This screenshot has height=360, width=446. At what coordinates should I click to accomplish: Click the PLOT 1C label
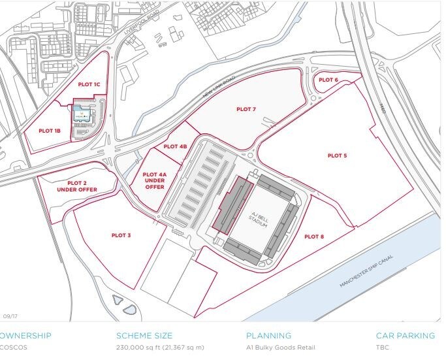pyautogui.click(x=89, y=84)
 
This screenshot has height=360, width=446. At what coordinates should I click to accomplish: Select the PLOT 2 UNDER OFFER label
pyautogui.click(x=76, y=186)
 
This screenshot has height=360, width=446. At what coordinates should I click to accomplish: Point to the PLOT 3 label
pyautogui.click(x=121, y=235)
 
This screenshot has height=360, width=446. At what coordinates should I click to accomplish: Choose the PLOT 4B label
pyautogui.click(x=175, y=146)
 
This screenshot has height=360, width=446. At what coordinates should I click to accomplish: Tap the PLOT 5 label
pyautogui.click(x=337, y=155)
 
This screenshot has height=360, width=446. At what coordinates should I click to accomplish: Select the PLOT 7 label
pyautogui.click(x=246, y=109)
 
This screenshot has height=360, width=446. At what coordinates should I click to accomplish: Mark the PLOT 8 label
pyautogui.click(x=313, y=236)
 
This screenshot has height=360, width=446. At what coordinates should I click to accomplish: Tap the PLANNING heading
pyautogui.click(x=268, y=336)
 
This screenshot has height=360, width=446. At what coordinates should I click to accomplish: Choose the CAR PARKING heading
pyautogui.click(x=405, y=336)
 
